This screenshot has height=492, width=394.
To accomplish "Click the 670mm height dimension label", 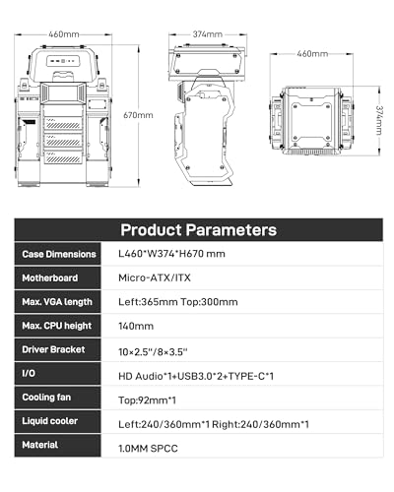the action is (x=138, y=115).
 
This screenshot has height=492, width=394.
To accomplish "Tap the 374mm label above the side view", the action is (x=208, y=34).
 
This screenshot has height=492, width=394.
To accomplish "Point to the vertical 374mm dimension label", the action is (x=379, y=120).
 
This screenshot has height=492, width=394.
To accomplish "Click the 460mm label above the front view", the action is (x=64, y=34).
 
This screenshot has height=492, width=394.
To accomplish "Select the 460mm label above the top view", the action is (x=312, y=53).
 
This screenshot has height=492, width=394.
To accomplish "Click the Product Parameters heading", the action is (x=199, y=229).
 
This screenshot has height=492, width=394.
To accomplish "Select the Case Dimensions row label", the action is (x=59, y=254).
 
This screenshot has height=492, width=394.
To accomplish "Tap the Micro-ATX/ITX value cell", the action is (x=155, y=277).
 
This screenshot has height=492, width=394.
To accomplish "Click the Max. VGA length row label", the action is (x=57, y=302).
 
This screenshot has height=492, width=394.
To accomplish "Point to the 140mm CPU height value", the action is (x=136, y=326).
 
